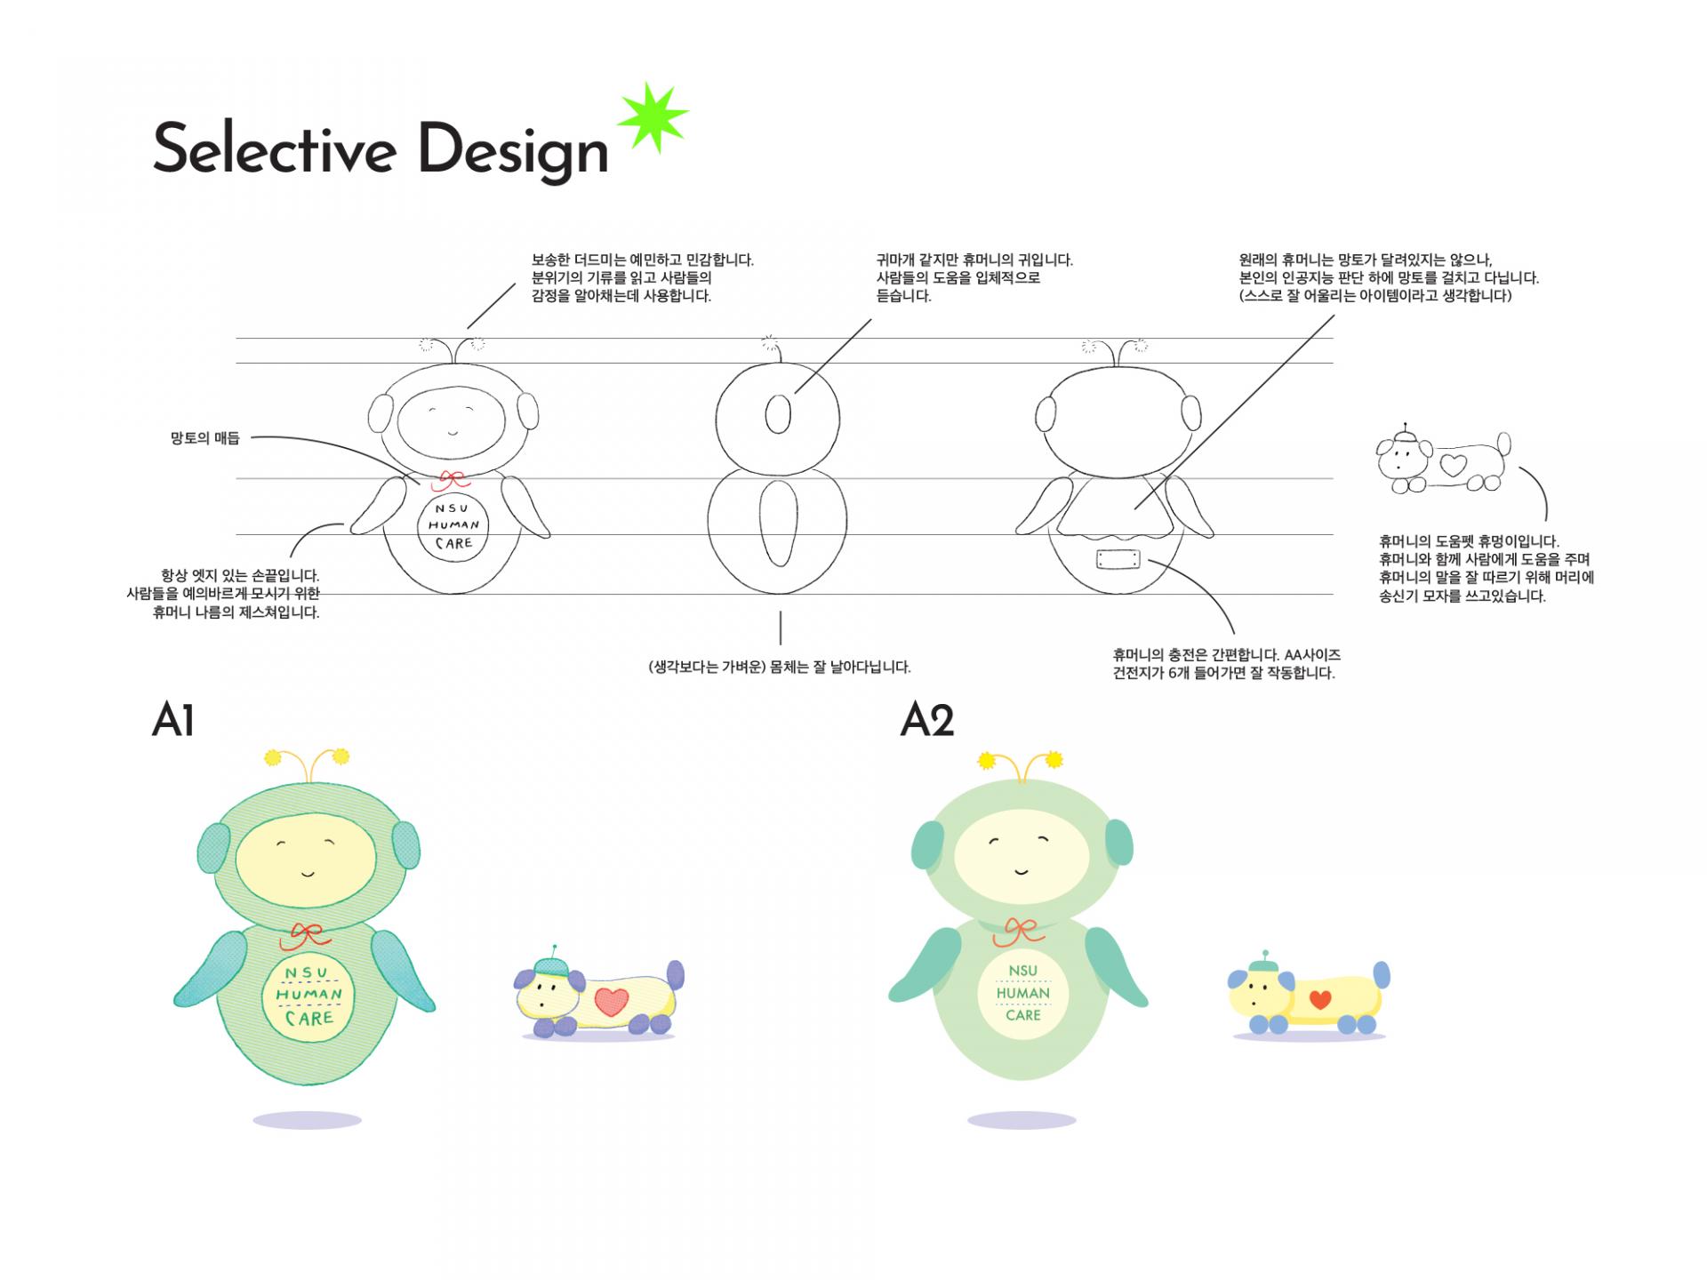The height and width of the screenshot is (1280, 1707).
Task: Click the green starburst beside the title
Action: pos(653,117)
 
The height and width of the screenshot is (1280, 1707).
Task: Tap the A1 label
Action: pos(172,720)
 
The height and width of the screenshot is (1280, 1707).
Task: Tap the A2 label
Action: pos(926,720)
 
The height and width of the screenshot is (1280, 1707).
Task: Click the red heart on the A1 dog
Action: pos(611,1002)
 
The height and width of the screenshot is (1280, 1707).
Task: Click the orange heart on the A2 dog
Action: pos(1320,1000)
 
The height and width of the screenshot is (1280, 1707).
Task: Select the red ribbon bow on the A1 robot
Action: pos(306,934)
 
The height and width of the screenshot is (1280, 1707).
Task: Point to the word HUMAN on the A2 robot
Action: pos(1022,993)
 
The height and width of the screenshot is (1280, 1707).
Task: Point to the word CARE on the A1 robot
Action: pos(309,1018)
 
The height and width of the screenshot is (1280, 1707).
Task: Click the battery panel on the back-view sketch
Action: pos(1118,560)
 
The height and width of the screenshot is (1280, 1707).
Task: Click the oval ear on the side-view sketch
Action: pos(778,413)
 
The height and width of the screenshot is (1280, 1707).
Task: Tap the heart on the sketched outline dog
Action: pos(1453,464)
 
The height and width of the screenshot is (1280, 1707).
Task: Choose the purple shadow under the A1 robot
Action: pos(307,1121)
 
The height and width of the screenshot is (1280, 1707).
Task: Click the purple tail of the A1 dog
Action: pos(676,974)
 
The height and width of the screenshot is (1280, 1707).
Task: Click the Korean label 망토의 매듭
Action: pos(205,438)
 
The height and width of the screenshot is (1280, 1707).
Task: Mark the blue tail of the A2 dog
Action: pos(1381,975)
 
